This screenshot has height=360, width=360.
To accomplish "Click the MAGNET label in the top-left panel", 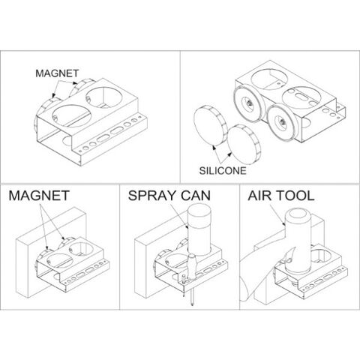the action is point(57,73).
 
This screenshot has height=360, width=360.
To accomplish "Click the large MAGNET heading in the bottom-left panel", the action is point(39,196).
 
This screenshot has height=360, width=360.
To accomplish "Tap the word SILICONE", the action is point(223,171).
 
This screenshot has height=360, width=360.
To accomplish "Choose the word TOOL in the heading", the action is point(293,196).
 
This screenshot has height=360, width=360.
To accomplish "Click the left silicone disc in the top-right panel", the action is point(211,125).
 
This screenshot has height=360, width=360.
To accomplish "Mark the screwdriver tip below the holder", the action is point(192,304).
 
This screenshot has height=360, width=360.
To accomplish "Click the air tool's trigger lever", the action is point(289,256).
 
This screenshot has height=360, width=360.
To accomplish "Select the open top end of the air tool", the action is point(298,215).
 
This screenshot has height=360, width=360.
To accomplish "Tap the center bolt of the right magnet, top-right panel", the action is point(281,122).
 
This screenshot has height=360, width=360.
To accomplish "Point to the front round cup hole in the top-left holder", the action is point(71,116).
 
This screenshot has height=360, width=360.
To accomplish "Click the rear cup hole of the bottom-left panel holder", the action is point(81,248).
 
